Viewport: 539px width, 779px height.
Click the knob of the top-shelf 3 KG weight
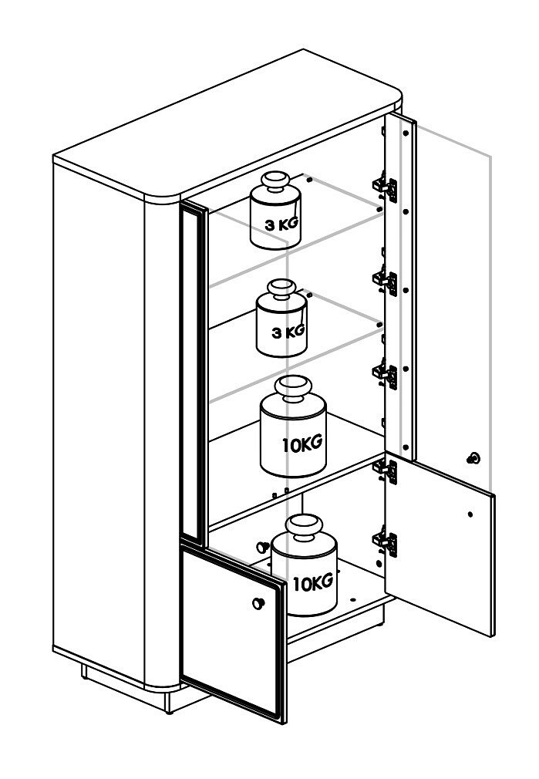[276, 181]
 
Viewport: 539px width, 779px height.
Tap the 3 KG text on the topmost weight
[281, 224]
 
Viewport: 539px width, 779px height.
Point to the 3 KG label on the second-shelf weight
[288, 332]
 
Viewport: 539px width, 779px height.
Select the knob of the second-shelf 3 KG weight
[281, 289]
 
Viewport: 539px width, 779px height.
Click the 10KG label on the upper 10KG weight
[302, 443]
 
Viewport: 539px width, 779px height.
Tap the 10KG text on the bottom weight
[313, 582]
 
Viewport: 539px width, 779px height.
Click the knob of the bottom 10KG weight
[304, 528]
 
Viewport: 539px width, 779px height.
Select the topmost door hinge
[386, 187]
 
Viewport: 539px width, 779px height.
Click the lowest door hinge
[386, 541]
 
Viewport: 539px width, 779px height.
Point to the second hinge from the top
[386, 280]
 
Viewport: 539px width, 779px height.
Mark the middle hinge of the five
[386, 373]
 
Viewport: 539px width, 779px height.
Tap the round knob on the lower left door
[258, 603]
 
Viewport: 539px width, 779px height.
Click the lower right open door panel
[440, 544]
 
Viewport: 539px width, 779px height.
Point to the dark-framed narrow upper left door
[194, 373]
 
